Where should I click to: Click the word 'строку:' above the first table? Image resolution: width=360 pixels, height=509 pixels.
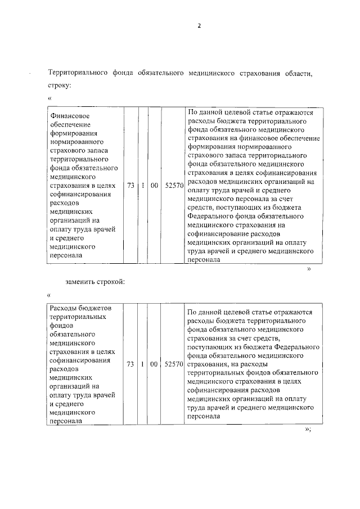coord(60,85)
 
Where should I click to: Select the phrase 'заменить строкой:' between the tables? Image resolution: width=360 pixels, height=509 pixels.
coord(93,281)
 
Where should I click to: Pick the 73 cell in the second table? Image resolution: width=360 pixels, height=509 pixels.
coord(130,364)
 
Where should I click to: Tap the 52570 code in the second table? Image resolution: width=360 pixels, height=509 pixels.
coord(174,364)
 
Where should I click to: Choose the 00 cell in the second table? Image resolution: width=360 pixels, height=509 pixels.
coord(154,364)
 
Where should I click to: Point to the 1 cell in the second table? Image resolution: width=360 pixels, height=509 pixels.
coord(142,364)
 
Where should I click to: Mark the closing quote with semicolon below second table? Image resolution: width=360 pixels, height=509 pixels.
coord(307,430)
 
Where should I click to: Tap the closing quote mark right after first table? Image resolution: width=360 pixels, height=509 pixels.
coord(309,269)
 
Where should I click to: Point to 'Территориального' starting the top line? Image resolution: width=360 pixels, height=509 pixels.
coord(77,73)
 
